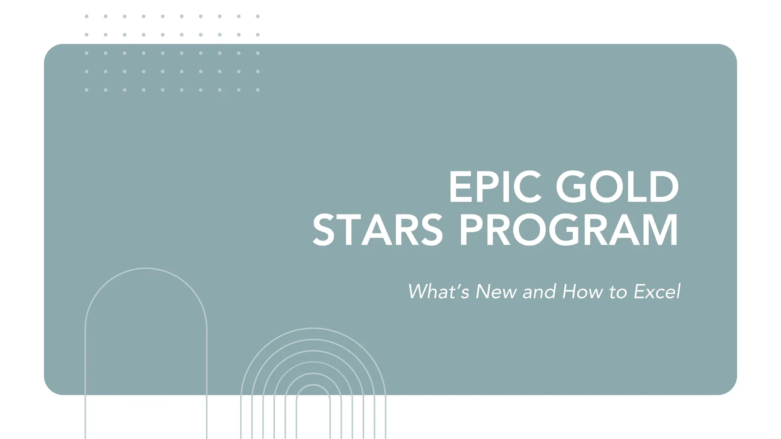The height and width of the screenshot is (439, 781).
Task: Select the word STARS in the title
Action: click(x=378, y=230)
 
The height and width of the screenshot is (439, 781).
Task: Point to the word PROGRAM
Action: click(x=568, y=230)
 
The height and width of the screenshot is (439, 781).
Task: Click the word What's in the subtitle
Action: click(x=438, y=292)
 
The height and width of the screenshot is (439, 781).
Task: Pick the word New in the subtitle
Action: click(x=496, y=292)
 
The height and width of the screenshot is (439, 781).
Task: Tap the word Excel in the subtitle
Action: click(x=657, y=292)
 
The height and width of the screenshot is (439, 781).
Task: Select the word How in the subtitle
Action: click(x=583, y=292)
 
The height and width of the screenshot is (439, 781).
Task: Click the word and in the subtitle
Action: click(x=539, y=292)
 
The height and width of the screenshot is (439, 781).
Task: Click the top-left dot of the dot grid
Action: click(x=87, y=16)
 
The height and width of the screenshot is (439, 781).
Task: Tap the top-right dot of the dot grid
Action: click(x=258, y=16)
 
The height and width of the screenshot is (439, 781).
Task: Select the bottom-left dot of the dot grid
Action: click(x=87, y=90)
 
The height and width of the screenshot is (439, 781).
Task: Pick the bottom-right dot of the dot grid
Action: click(x=258, y=90)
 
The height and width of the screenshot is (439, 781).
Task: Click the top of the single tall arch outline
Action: click(x=146, y=268)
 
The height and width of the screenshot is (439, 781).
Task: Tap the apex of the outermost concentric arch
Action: click(x=313, y=328)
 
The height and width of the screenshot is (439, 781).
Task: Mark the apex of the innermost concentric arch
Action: click(x=313, y=385)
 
